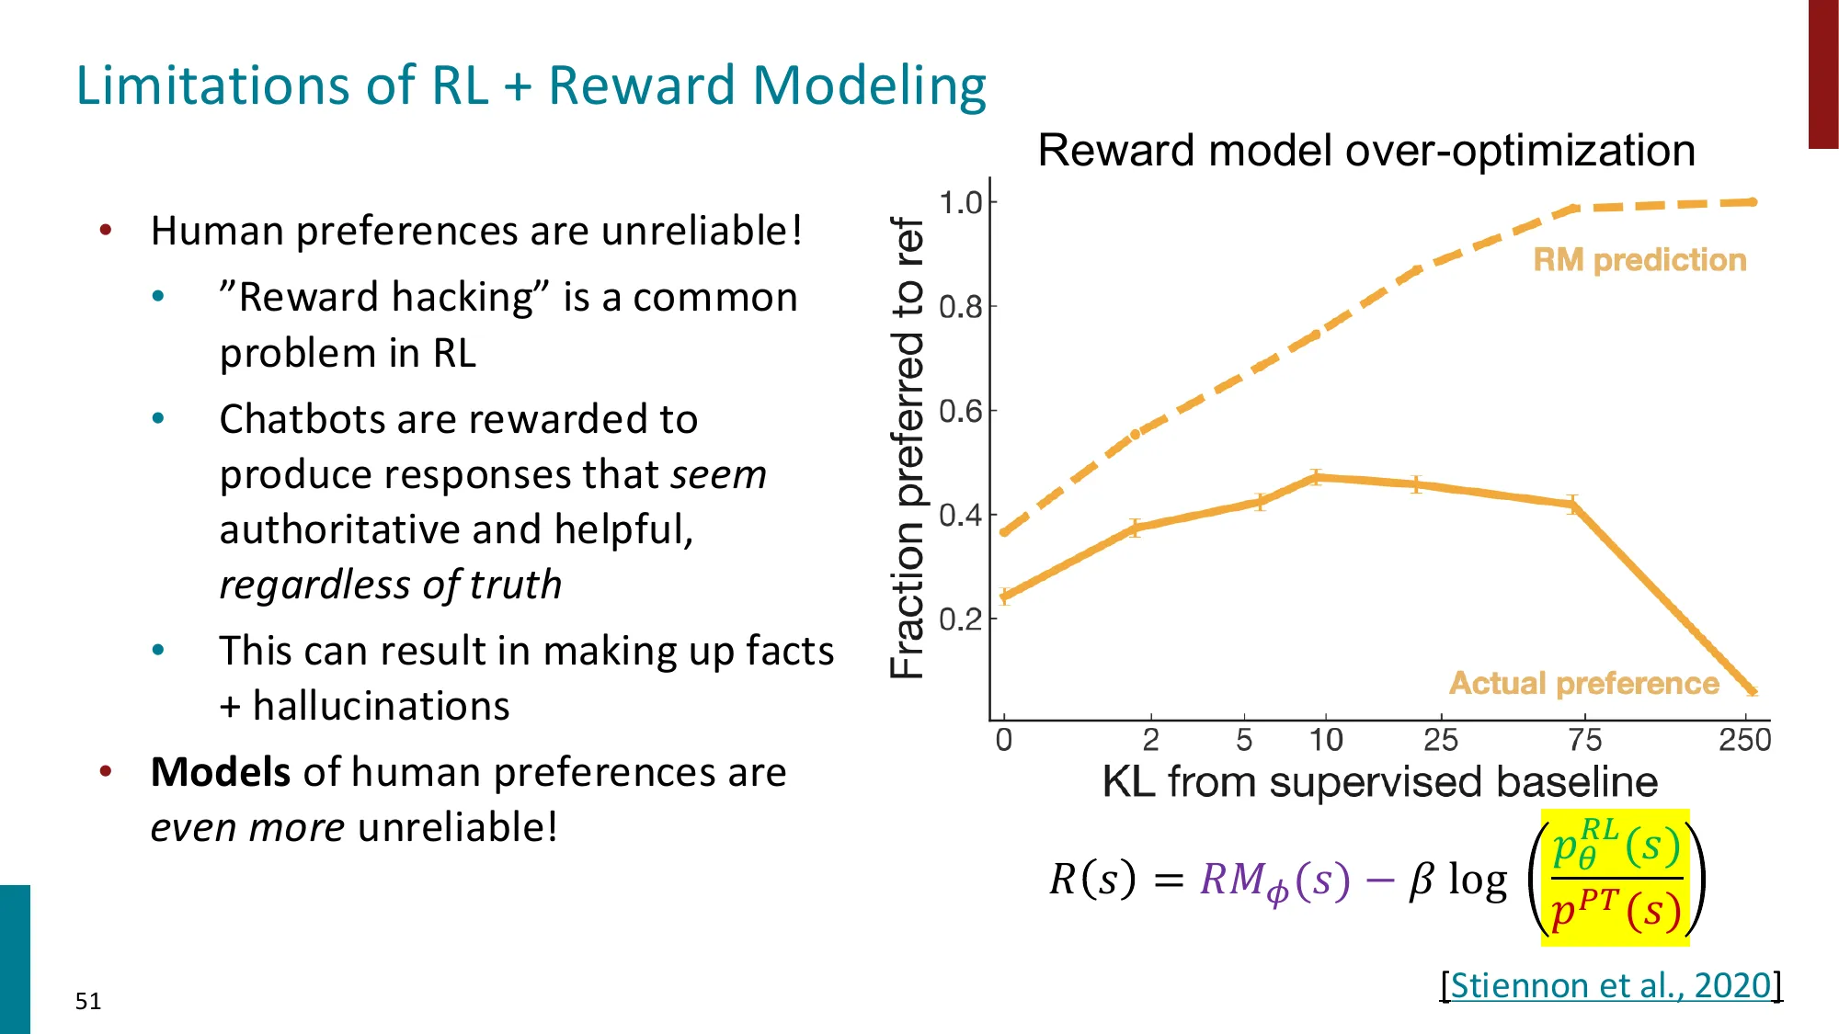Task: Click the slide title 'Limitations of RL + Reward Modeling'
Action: click(x=531, y=85)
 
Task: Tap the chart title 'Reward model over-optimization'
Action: click(x=1366, y=150)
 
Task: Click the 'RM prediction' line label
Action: click(x=1639, y=260)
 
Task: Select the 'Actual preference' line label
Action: click(x=1583, y=684)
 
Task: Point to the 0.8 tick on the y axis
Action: click(x=961, y=307)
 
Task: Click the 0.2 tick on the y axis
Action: click(x=961, y=619)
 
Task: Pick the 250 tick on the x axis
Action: click(x=1744, y=740)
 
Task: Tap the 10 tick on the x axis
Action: click(x=1326, y=740)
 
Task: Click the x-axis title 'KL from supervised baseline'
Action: click(x=1379, y=782)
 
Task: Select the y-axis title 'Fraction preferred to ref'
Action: click(x=908, y=449)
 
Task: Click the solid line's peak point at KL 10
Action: click(x=1317, y=477)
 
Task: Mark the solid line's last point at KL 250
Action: click(x=1752, y=690)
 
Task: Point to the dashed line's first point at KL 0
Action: click(x=1004, y=532)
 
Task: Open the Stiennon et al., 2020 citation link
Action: click(x=1610, y=985)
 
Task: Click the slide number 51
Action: click(x=88, y=1001)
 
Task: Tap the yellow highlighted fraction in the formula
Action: click(x=1616, y=878)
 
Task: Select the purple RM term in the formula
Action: click(x=1274, y=881)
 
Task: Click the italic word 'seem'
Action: click(x=718, y=475)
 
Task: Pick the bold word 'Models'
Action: click(x=221, y=772)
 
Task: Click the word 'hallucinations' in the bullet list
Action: click(x=381, y=706)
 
